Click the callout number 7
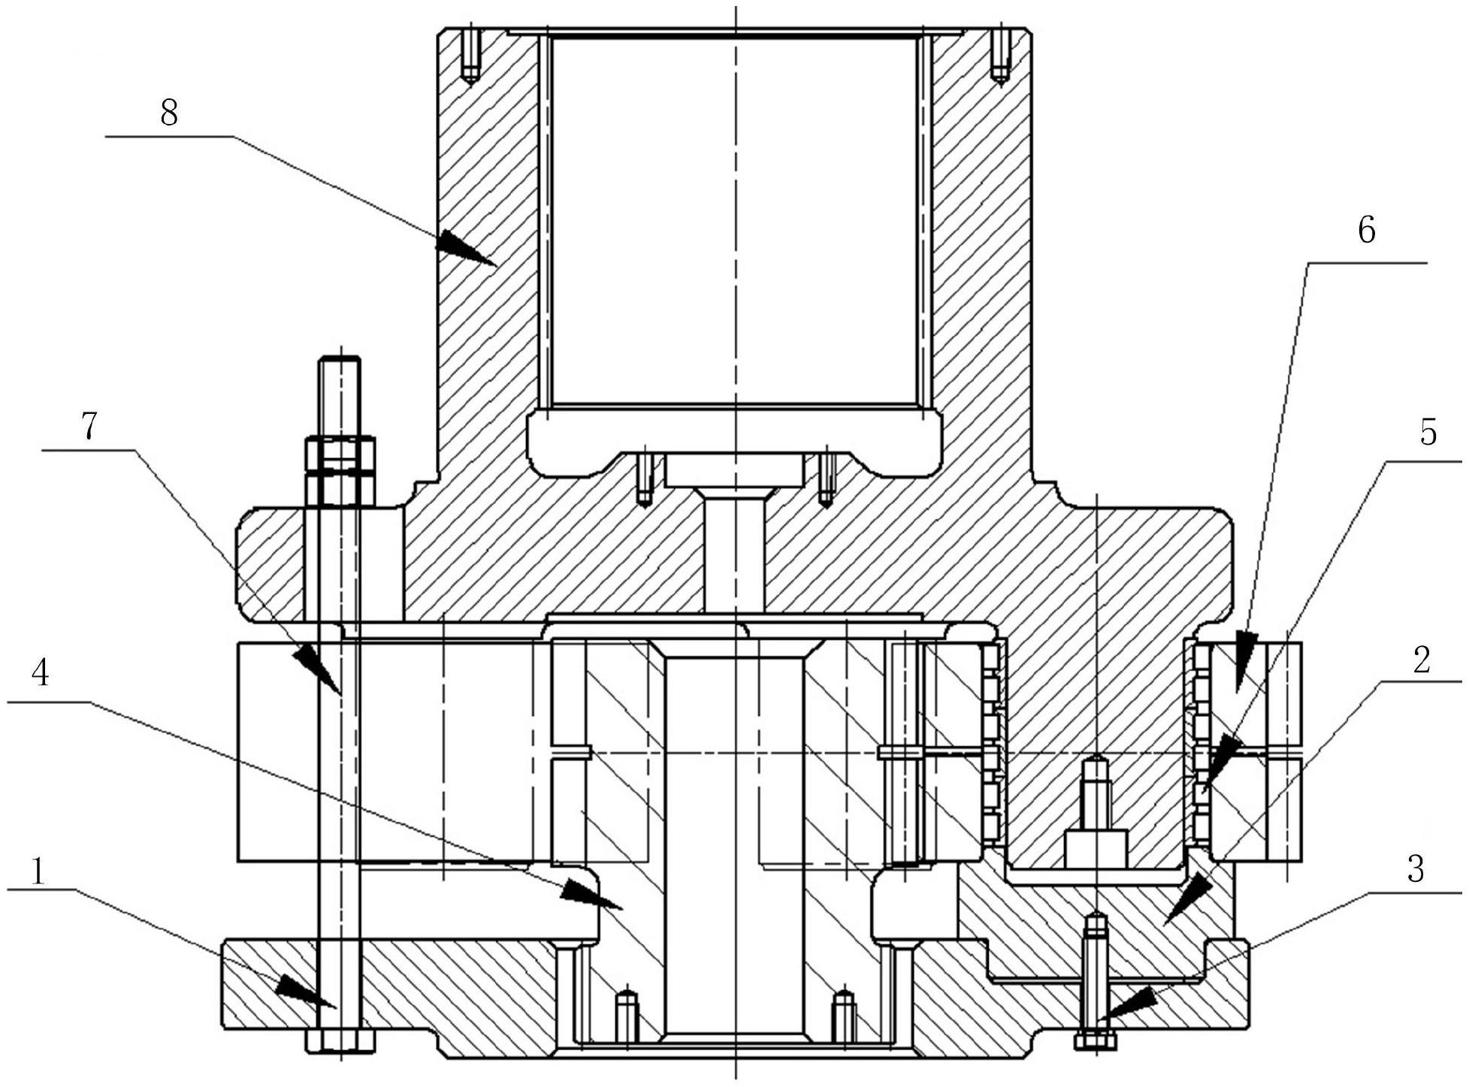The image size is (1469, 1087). pyautogui.click(x=89, y=426)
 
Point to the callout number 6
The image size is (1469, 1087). pyautogui.click(x=1365, y=230)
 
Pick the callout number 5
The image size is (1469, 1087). pyautogui.click(x=1428, y=433)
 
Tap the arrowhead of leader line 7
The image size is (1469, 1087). pyautogui.click(x=316, y=668)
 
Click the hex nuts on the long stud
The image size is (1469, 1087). pyautogui.click(x=340, y=471)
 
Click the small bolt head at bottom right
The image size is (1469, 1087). pyautogui.click(x=1096, y=1041)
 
